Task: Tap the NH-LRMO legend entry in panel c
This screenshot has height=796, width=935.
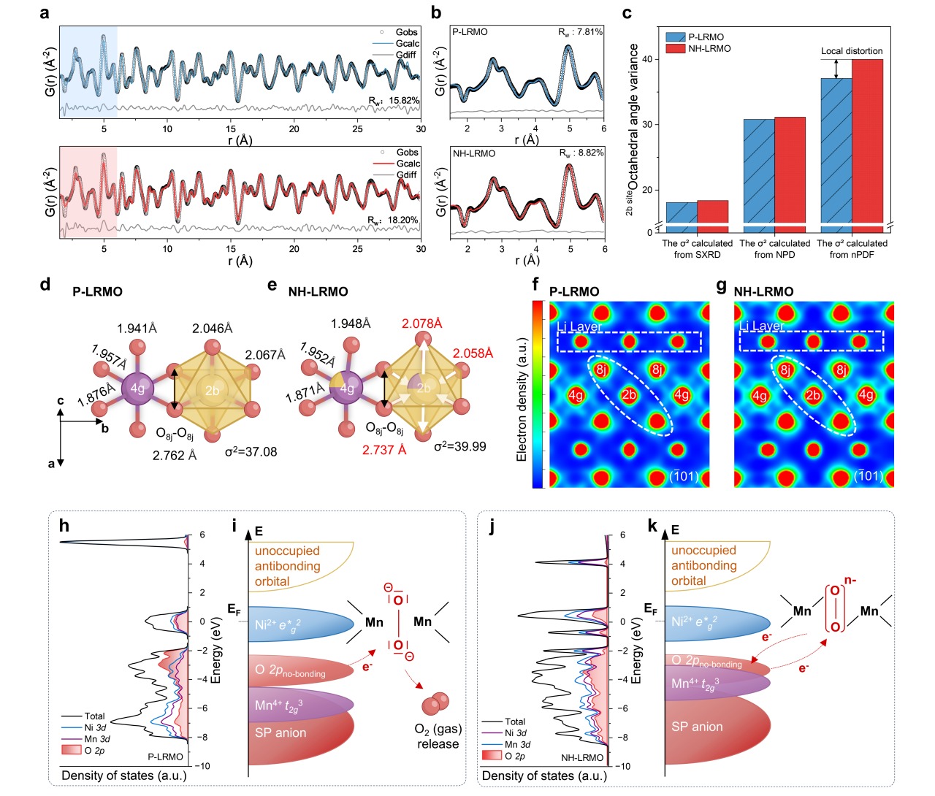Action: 709,48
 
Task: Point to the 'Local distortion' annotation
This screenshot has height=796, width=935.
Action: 852,51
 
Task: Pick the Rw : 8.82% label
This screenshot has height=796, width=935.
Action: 581,153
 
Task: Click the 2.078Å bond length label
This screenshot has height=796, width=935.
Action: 422,324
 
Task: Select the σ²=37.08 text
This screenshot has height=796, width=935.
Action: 251,452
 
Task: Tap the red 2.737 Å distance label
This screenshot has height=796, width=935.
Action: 384,450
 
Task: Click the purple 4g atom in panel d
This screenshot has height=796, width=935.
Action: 137,389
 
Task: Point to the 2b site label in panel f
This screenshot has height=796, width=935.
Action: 629,396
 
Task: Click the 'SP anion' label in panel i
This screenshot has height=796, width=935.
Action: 280,732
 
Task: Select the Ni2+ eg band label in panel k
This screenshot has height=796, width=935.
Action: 695,622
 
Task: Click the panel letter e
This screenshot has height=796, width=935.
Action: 272,285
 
